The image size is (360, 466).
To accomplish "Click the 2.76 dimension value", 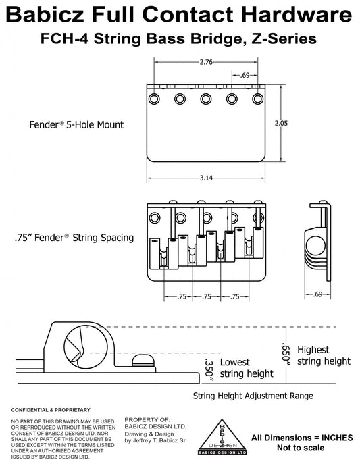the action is (x=206, y=62).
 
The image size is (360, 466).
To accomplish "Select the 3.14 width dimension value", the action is (x=206, y=178).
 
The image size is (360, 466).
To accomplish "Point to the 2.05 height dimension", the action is (x=281, y=123).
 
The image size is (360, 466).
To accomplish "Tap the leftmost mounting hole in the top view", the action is (x=154, y=99).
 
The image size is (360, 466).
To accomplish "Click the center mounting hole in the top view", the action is (x=206, y=99).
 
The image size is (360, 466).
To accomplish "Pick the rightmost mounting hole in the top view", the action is (x=258, y=99).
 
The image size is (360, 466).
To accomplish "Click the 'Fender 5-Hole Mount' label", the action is (x=76, y=124).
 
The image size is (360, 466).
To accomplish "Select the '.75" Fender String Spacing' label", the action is (x=74, y=238).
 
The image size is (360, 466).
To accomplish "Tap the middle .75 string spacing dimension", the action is (x=207, y=296).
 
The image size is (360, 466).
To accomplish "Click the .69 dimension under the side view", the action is (x=317, y=294).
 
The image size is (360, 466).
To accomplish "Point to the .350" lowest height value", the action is (x=209, y=371).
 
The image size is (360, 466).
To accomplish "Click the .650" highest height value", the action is (x=286, y=355).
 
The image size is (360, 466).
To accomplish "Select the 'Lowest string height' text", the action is (x=247, y=368).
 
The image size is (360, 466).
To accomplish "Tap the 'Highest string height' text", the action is (x=324, y=355).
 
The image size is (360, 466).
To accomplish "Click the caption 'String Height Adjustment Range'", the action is (x=253, y=396).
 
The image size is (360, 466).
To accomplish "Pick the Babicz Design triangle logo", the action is (x=222, y=437).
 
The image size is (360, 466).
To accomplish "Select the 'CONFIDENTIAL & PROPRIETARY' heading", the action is (x=51, y=410).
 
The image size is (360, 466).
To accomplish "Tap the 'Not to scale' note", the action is (x=301, y=448).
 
